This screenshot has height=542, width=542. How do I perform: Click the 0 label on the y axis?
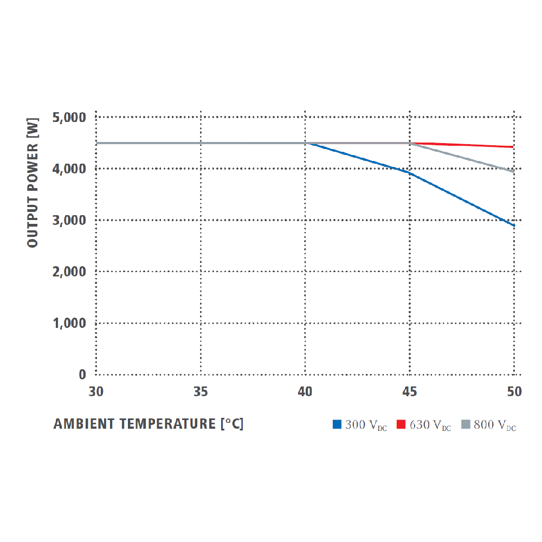pos(82,375)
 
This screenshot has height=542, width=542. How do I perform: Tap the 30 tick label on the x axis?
pos(96,391)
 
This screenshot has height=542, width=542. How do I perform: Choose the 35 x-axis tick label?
pos(201,391)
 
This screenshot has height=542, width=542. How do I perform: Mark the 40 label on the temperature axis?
pos(306,391)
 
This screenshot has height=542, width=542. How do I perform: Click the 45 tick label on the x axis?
pos(410,391)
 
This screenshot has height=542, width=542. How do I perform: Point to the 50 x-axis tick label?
pos(514,391)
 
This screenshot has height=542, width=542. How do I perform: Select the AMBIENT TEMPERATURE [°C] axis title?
pos(149,424)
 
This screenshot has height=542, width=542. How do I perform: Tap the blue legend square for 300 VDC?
pos(337,425)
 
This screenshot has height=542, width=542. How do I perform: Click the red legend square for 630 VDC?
pos(401,425)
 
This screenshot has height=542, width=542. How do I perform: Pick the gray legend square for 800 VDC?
pos(465,425)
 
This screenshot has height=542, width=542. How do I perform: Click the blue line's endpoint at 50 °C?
pos(514,225)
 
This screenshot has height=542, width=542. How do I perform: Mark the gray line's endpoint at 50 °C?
pos(514,171)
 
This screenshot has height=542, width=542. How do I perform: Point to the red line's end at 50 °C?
pos(514,147)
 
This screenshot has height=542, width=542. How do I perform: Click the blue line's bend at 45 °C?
pos(410,173)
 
